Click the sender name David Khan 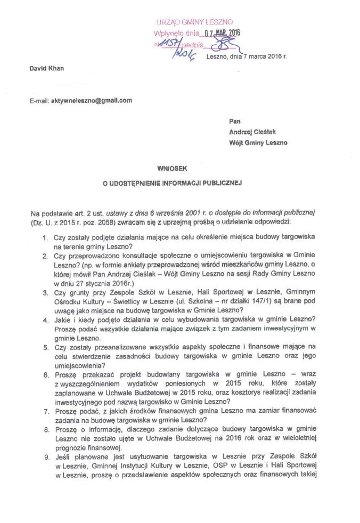point(45,70)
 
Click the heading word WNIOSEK point(173,168)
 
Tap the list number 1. point(45,236)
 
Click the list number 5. point(45,347)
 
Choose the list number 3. point(45,292)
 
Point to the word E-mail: point(39,100)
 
